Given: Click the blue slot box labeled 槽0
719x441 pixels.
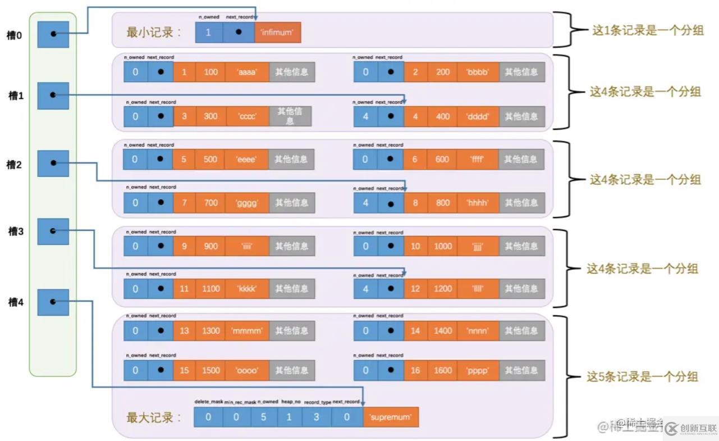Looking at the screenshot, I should [53, 34].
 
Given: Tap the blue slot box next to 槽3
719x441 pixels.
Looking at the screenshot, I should [53, 231].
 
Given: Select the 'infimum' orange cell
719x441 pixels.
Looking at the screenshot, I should [277, 33].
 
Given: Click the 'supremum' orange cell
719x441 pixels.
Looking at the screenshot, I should [391, 417].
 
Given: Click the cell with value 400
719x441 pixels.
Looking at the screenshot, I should [443, 116].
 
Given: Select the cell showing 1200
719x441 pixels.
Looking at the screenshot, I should [443, 289].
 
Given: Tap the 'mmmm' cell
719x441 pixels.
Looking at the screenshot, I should [247, 331].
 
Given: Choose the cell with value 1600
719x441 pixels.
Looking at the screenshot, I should [443, 370].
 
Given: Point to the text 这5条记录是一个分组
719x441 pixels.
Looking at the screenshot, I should [642, 376].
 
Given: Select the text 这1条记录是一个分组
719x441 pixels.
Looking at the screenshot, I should [648, 30].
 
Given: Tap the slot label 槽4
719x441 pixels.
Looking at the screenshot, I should [16, 302].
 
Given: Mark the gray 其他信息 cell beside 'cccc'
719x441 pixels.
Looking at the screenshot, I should [290, 116].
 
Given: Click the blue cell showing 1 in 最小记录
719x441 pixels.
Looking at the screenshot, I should [208, 33].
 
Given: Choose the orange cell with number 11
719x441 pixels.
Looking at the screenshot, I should [185, 289].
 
